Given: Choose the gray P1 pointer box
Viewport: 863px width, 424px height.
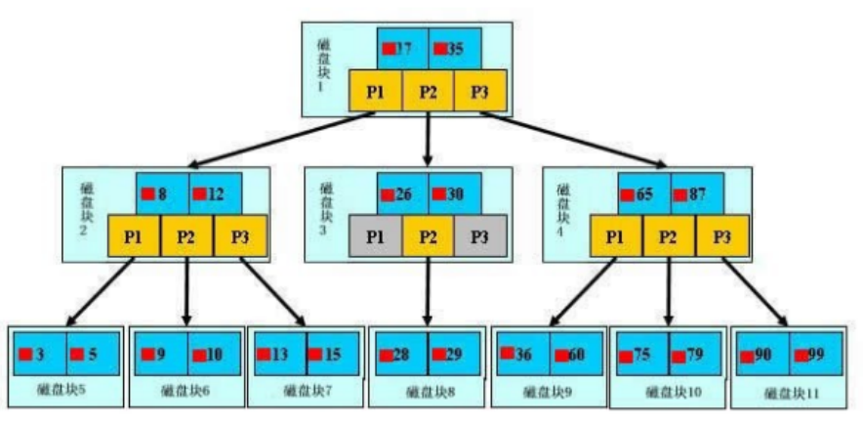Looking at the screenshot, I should (x=375, y=236).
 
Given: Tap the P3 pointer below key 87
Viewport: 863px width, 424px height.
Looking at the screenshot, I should (x=723, y=236).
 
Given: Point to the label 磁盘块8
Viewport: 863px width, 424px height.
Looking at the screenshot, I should (x=426, y=392).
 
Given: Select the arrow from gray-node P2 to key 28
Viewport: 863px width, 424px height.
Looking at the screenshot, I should (x=428, y=293).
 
